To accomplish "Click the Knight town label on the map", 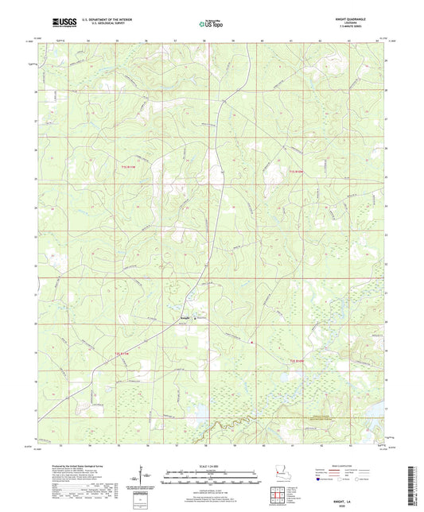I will (x=183, y=319).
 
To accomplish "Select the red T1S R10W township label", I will (x=296, y=171).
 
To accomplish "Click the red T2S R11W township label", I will (x=120, y=353).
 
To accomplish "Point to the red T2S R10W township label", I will (x=296, y=362).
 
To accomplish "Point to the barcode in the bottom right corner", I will (x=413, y=477).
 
